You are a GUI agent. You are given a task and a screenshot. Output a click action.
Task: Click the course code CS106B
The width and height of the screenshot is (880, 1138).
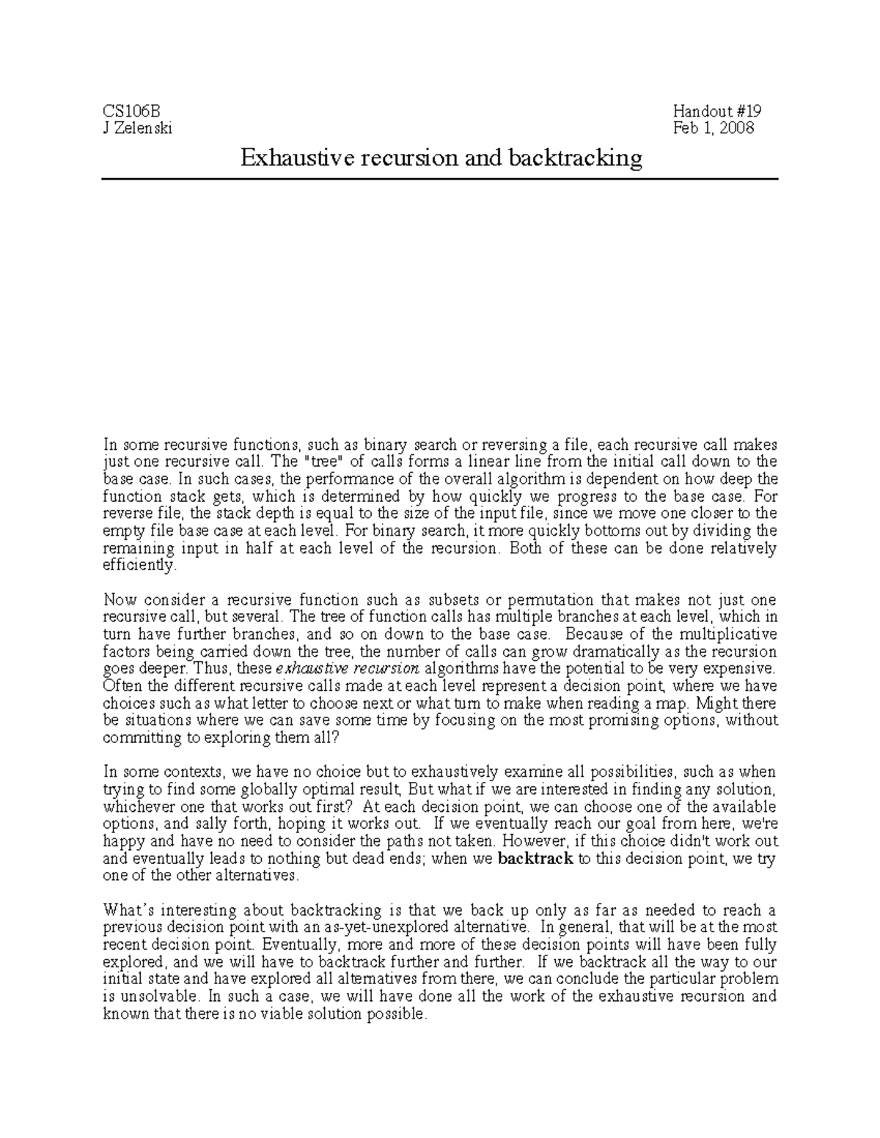(x=131, y=111)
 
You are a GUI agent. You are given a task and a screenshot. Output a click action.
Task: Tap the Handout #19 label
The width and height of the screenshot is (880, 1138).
(x=717, y=111)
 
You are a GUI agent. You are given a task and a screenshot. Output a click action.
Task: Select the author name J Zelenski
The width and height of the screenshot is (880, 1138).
(x=138, y=128)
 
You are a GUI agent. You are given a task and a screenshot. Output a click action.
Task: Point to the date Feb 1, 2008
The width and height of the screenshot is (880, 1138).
(x=714, y=128)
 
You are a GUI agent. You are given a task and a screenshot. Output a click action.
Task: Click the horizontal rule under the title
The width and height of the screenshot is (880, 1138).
(x=439, y=179)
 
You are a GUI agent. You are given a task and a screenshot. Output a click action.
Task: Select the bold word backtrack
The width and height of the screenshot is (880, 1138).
(x=535, y=859)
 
